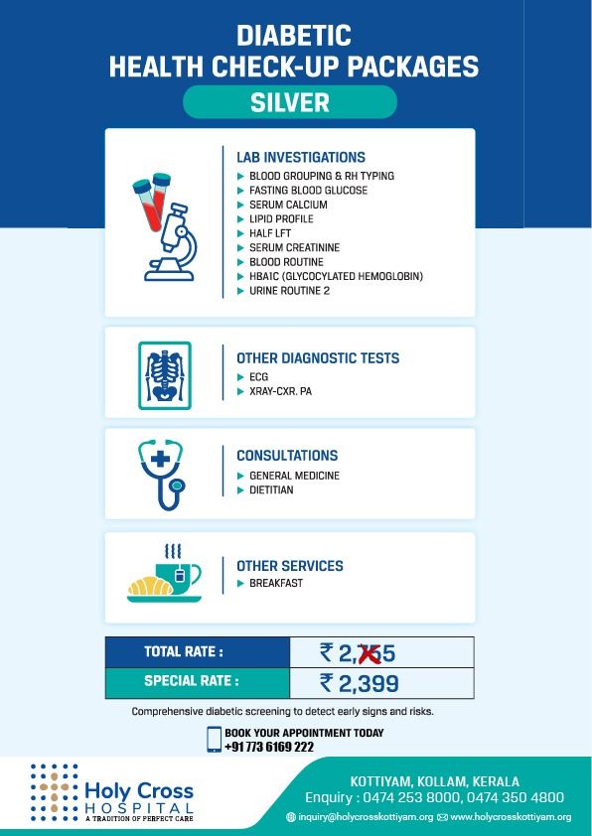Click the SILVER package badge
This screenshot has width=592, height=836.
289,102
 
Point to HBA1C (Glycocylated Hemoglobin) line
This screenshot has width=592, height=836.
331,276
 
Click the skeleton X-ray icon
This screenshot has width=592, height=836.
165,376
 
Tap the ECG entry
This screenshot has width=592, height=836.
258,378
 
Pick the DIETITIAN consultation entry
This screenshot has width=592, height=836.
271,490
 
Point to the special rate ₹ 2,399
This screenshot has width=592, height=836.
359,682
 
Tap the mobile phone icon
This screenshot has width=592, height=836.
214,740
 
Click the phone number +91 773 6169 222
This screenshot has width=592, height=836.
269,747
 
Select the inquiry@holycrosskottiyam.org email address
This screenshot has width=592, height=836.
365,817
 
